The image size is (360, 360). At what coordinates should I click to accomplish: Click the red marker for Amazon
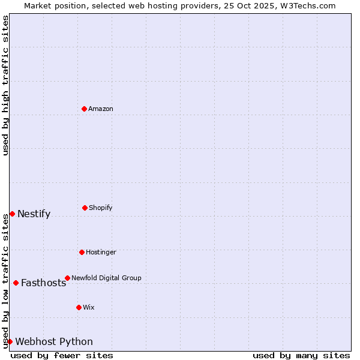pos(84,109)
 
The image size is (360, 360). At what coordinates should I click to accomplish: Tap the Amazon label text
pos(101,109)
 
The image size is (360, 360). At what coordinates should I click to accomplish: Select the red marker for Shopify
pos(85,208)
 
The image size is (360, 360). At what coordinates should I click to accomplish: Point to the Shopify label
pos(101,208)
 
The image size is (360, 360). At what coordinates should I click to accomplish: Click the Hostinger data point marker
pos(82,252)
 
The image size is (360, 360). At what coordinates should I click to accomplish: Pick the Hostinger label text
pos(101,253)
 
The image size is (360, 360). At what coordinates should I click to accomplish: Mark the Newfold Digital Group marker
pos(67,278)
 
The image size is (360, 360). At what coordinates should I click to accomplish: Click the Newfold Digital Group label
pos(106,278)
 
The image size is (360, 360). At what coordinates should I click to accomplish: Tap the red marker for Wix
pos(79,307)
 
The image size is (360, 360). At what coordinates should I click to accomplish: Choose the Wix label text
pos(89,308)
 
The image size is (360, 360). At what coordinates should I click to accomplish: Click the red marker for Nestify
pos(12,214)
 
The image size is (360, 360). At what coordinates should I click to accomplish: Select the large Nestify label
pos(34,214)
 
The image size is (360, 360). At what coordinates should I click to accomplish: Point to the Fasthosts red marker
pos(16,283)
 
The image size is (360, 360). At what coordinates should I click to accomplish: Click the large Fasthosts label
pos(43,283)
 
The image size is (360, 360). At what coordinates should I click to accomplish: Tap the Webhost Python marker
pos(10,341)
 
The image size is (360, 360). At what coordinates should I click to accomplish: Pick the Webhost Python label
pos(54,342)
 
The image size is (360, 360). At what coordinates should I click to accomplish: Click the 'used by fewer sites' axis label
pos(62,356)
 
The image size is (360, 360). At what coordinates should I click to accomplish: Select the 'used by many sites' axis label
pos(301,356)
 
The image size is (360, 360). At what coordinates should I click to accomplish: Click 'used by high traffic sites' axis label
pos(5,85)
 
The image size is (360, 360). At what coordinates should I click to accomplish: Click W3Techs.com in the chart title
pos(306,6)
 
